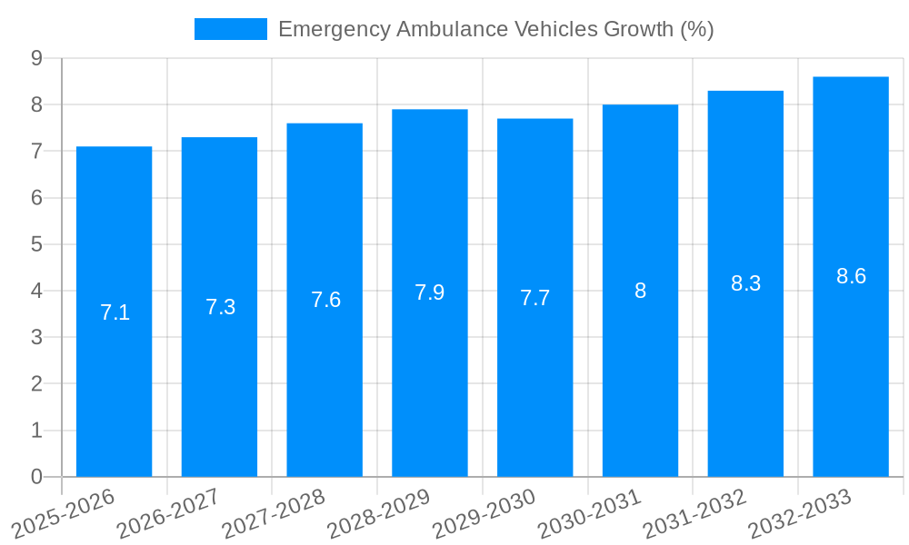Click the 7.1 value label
[115, 312]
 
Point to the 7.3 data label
[220, 307]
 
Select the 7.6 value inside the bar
[325, 300]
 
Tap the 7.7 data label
[534, 298]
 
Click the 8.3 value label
[745, 283]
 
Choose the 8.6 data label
[851, 276]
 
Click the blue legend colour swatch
[230, 29]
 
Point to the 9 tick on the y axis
[36, 58]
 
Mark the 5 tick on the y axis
[36, 244]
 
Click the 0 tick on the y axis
[36, 477]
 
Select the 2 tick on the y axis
[36, 384]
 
